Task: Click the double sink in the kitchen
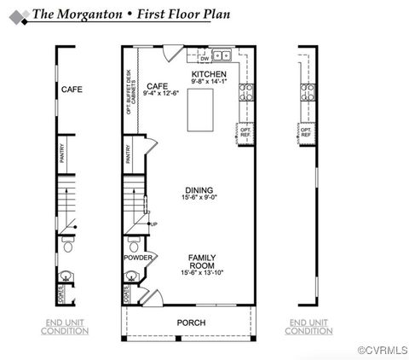[x=222, y=56]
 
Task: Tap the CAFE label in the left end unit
[x=72, y=88]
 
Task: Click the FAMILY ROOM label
[x=202, y=260]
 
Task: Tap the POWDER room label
[x=137, y=257]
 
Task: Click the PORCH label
[x=191, y=322]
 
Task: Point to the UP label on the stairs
[x=153, y=224]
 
